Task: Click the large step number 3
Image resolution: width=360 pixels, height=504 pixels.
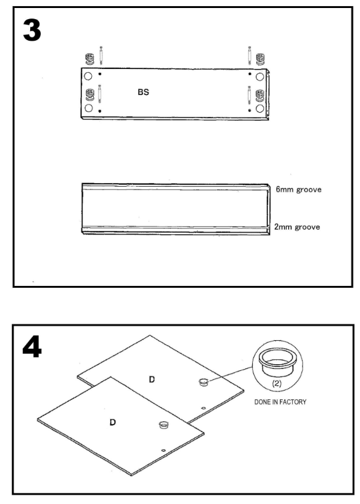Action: [x=32, y=30]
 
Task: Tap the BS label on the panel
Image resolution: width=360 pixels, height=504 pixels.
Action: [x=144, y=92]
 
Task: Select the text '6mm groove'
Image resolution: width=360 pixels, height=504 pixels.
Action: [x=298, y=189]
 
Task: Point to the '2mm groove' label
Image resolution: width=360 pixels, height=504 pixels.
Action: [x=297, y=227]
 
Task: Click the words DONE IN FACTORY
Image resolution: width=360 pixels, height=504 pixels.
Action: [x=280, y=402]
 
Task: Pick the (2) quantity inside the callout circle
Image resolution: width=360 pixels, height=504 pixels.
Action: [x=277, y=383]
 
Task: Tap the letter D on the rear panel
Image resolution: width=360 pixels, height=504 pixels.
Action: [x=152, y=380]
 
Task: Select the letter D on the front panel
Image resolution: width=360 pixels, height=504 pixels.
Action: [x=113, y=422]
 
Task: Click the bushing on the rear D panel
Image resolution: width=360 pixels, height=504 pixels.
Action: [x=203, y=382]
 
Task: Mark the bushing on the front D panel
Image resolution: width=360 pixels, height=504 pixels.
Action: [x=164, y=425]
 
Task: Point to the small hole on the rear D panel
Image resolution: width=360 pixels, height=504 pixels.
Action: [x=203, y=408]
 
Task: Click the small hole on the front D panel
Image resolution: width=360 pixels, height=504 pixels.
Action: [x=164, y=450]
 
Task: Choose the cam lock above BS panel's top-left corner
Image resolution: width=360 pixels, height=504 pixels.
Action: [x=89, y=59]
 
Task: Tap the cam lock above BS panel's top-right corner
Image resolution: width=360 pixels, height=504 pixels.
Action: [x=260, y=59]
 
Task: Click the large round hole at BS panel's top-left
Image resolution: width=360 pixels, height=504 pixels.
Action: [x=88, y=76]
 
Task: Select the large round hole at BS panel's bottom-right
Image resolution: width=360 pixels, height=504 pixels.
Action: [x=260, y=108]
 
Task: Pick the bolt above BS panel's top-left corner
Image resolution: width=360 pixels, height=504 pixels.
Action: [x=101, y=55]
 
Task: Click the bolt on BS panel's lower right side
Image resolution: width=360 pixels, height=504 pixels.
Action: [x=249, y=94]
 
